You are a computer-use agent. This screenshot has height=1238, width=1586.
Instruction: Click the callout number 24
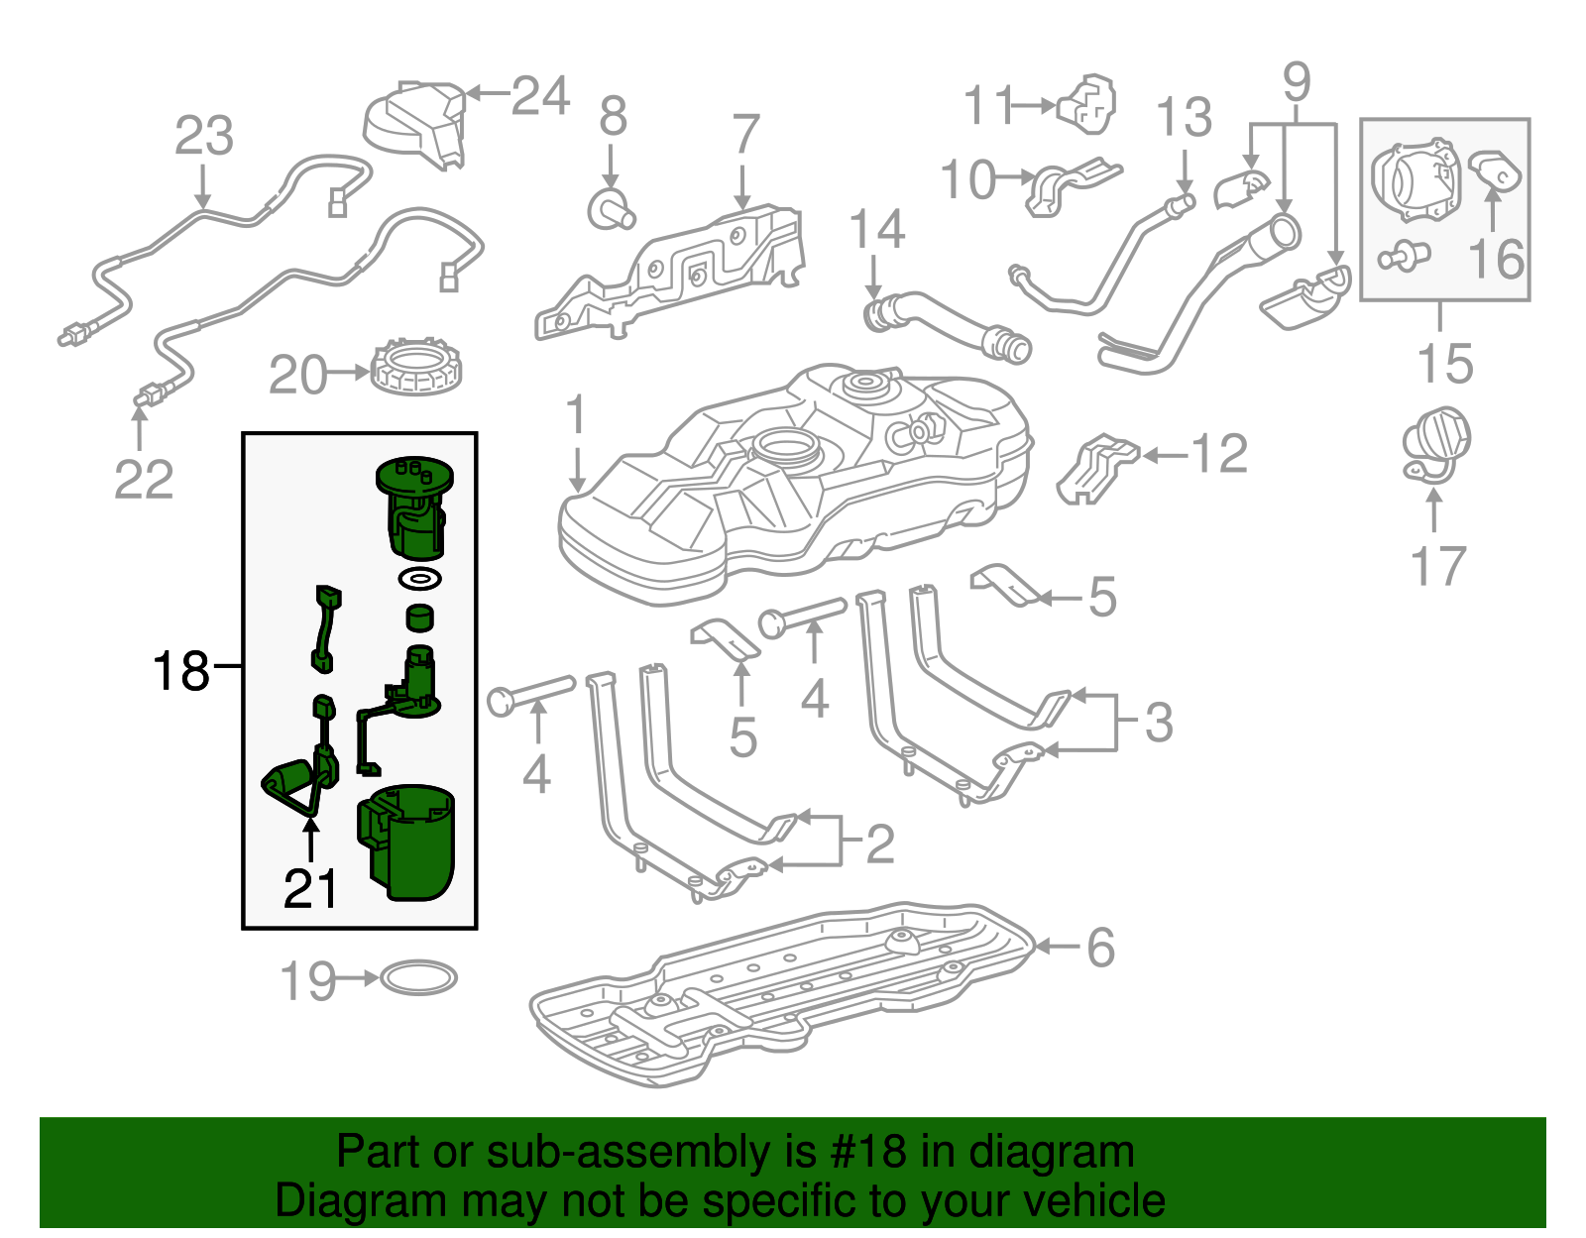540,96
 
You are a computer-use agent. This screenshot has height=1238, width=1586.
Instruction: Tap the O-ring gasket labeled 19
418,978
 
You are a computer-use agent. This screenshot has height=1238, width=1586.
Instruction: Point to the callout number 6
1100,948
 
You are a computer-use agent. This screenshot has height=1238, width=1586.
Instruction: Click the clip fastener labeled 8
610,209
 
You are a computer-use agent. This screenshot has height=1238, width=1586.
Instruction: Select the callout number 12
1218,454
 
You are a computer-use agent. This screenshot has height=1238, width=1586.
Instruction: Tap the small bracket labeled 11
1088,102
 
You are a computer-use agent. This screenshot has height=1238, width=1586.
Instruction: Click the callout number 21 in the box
310,889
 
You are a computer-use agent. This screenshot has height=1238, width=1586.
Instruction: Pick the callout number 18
181,671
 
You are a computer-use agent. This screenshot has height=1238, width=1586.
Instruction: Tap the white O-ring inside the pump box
419,578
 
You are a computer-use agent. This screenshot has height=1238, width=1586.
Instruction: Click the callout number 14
877,230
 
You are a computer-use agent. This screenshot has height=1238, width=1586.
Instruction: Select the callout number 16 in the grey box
1496,260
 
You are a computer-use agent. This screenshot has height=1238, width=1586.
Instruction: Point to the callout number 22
144,481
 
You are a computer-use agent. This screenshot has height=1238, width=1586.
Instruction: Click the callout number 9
1296,81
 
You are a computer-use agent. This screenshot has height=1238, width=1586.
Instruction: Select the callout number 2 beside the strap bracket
880,844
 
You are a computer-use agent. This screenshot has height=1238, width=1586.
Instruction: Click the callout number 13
1184,117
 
